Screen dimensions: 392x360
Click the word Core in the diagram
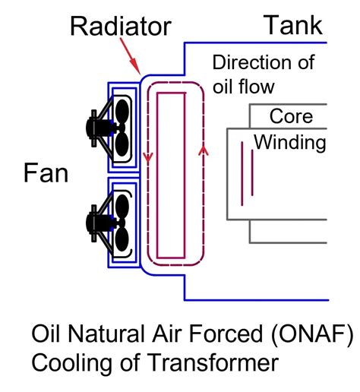coord(290,117)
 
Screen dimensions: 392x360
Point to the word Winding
coord(289,142)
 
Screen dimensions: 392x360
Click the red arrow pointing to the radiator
coord(134,58)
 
